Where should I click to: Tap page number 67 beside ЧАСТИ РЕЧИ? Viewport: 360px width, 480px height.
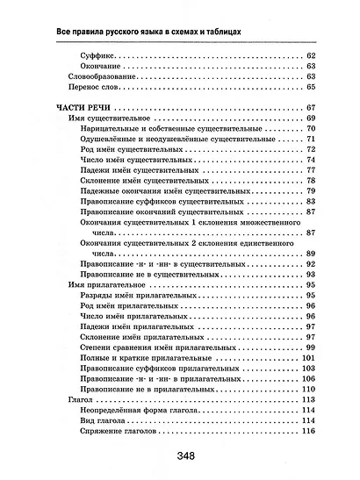click(310, 107)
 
